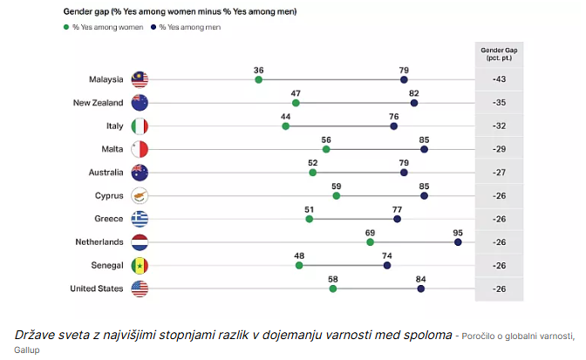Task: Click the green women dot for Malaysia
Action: point(258,80)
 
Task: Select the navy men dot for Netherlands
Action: point(458,241)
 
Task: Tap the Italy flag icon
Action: point(140,126)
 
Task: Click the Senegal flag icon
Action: point(140,265)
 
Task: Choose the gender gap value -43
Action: point(499,80)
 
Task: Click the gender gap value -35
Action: point(499,103)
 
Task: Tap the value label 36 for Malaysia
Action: point(258,69)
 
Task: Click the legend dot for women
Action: point(66,28)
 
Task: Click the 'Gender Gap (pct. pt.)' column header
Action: point(499,54)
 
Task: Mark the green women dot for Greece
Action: point(309,219)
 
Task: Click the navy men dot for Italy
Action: point(393,126)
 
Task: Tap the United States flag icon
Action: point(140,288)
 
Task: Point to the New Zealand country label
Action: point(97,103)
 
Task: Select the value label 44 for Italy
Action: point(285,115)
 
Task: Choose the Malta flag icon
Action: point(140,149)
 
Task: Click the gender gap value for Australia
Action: point(499,173)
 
